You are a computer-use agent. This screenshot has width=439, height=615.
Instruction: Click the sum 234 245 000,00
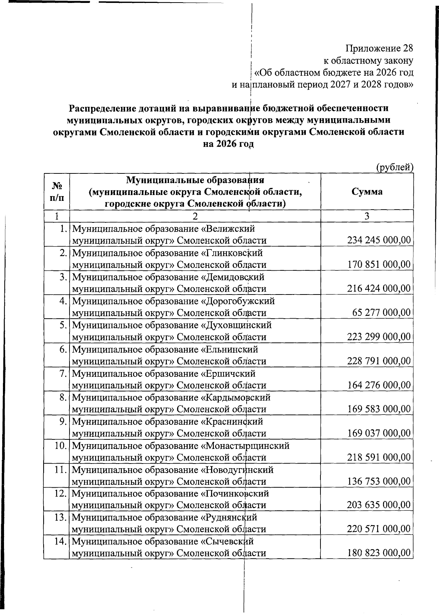pos(379,240)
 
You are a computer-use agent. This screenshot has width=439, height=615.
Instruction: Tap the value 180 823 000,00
pos(379,553)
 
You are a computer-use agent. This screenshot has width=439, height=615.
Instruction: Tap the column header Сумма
pos(367,192)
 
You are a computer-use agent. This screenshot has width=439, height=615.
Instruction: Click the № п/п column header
pos(56,192)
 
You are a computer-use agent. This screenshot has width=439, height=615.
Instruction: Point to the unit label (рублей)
pos(395,168)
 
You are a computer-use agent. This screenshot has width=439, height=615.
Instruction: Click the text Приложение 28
pos(379,48)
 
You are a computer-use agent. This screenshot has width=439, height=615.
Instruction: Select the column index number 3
pos(367,216)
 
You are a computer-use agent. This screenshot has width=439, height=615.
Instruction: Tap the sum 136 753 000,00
pos(379,481)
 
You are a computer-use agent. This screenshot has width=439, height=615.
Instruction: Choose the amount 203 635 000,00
pos(379,505)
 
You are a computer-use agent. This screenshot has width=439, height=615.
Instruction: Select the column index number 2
pos(195,216)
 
